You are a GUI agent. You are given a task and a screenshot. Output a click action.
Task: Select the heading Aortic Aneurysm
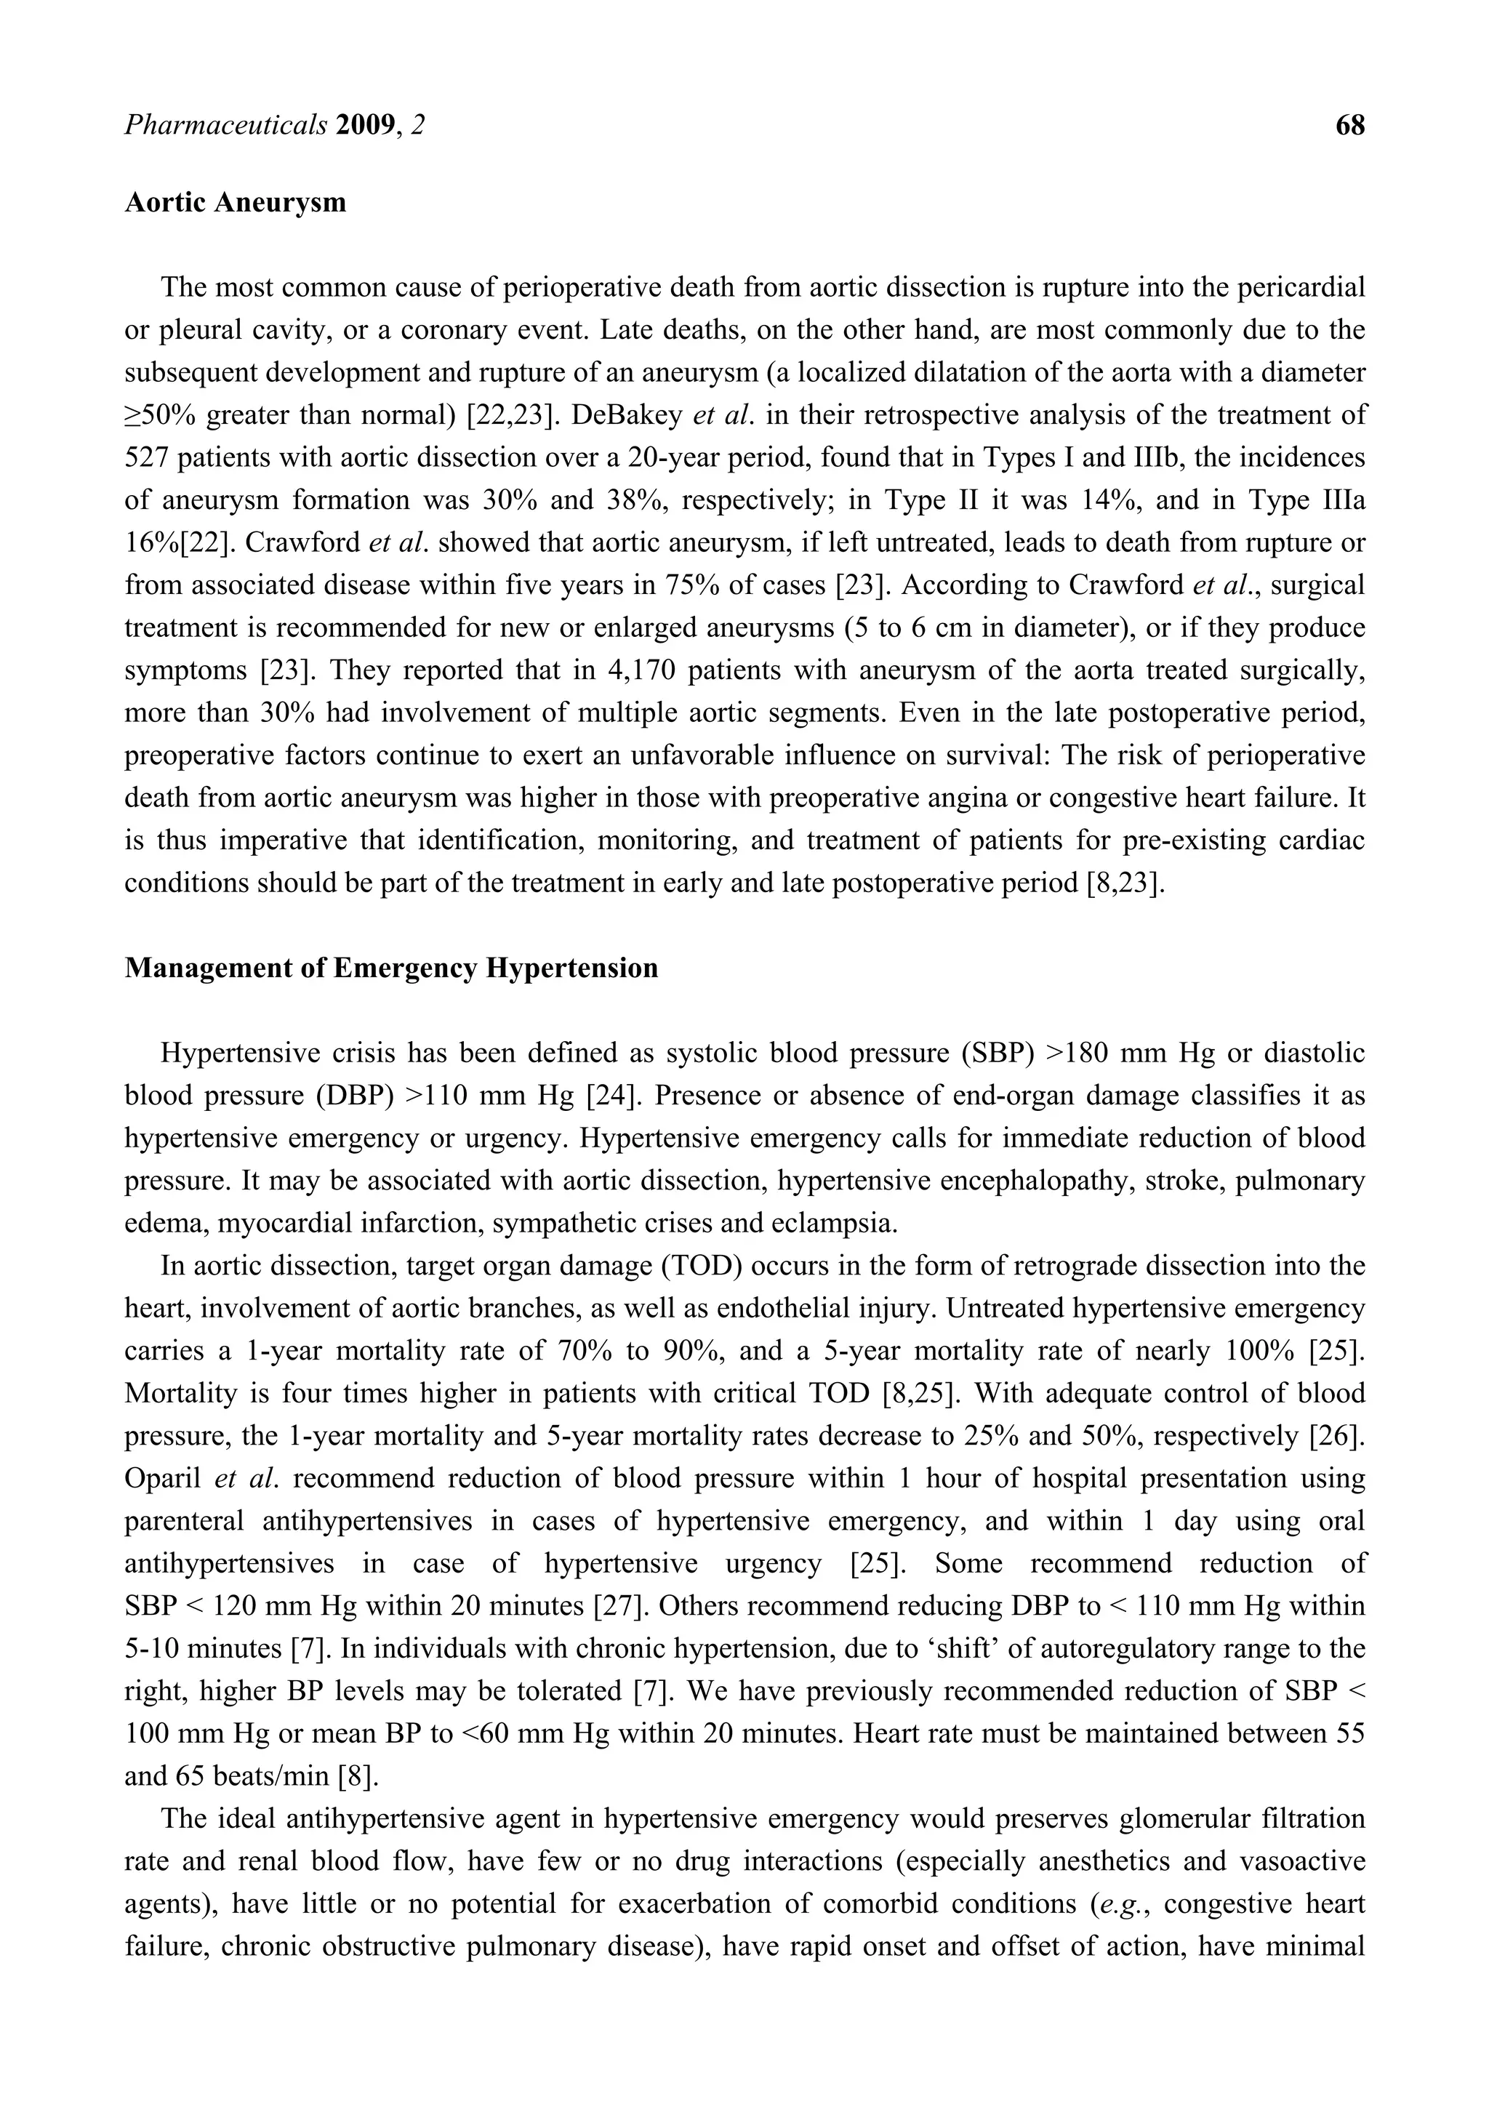point(236,203)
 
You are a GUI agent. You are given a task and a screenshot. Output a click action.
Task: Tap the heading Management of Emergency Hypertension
point(391,968)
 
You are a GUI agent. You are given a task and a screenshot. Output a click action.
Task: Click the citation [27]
point(622,1607)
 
